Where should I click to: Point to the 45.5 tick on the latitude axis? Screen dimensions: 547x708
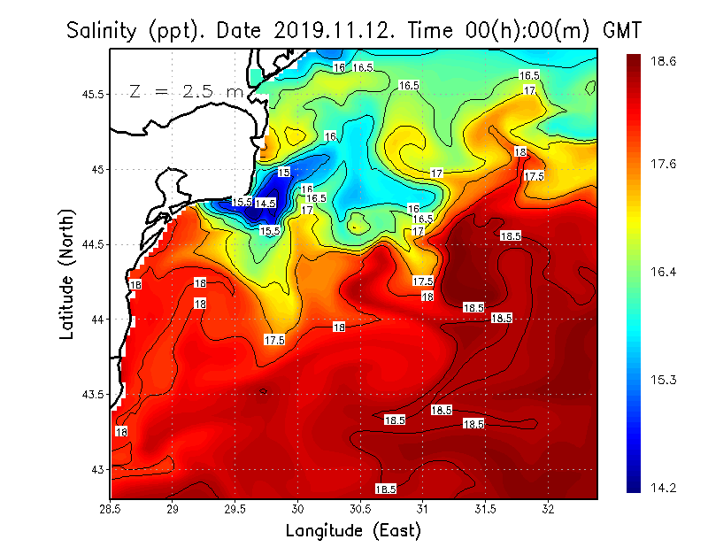click(x=93, y=94)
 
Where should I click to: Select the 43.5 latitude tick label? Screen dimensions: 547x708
click(x=93, y=394)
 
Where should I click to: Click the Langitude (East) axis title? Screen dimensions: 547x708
click(x=352, y=531)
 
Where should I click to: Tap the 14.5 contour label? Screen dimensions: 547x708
click(x=265, y=204)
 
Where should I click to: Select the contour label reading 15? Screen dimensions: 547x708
click(x=284, y=172)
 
